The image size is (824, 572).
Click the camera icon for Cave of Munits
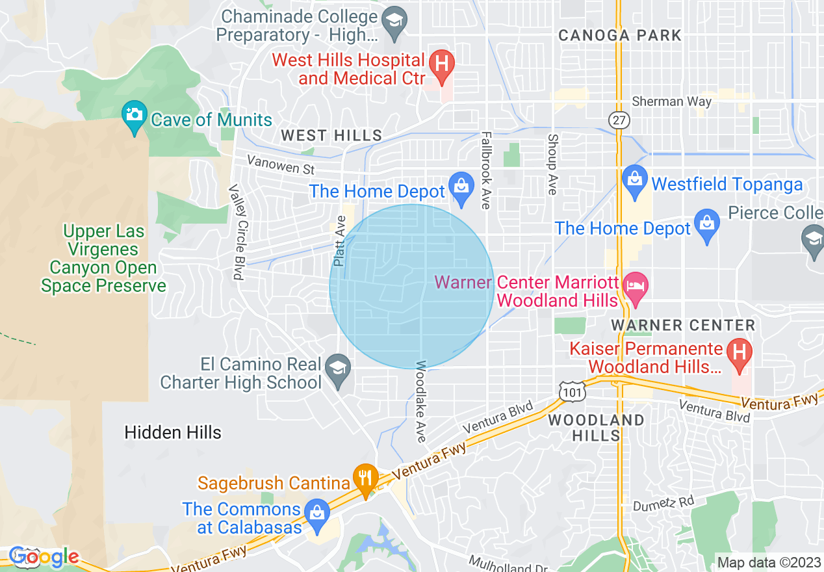click(135, 114)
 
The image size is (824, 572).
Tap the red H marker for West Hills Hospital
click(442, 65)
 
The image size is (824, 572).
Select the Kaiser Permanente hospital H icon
click(739, 354)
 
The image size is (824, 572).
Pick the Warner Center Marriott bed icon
click(635, 287)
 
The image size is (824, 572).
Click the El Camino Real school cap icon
click(337, 369)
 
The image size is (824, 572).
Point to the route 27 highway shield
click(617, 120)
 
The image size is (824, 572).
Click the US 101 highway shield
click(573, 391)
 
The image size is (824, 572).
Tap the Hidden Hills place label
click(173, 432)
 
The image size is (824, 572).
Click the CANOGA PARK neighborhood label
click(620, 35)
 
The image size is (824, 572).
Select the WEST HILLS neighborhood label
click(331, 135)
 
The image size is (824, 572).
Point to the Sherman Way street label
click(672, 101)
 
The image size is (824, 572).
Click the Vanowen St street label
click(281, 165)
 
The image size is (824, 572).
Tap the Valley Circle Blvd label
click(235, 232)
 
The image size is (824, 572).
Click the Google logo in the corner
click(44, 557)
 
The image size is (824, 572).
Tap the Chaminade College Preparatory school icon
click(394, 21)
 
